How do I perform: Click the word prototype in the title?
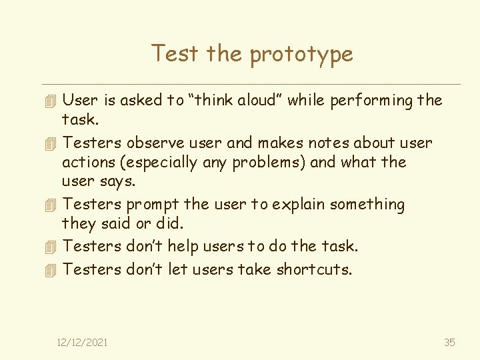pyautogui.click(x=301, y=55)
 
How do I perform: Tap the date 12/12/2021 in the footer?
pyautogui.click(x=82, y=342)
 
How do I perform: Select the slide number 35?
pyautogui.click(x=449, y=342)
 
